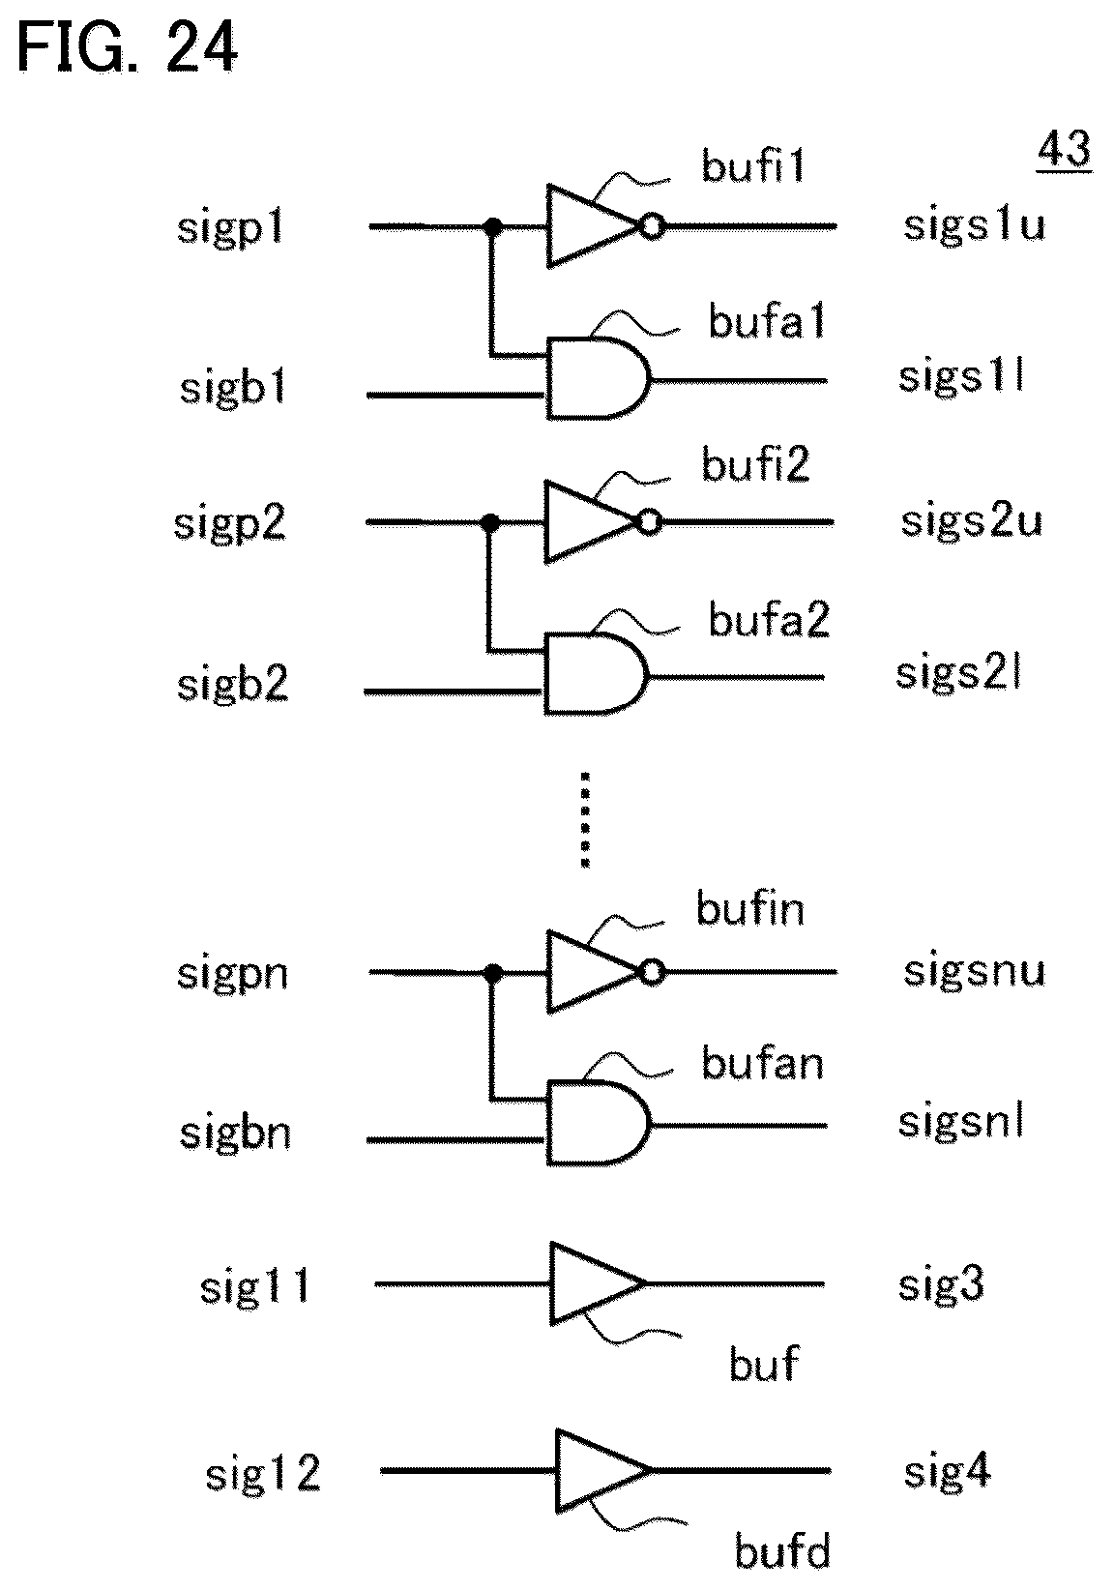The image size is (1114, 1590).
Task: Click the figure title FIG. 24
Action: (x=128, y=47)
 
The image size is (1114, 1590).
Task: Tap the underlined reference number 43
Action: (x=1064, y=150)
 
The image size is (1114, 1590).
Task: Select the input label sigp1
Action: (x=230, y=228)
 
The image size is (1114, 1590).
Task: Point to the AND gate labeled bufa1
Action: (x=598, y=378)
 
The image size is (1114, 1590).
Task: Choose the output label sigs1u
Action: (x=974, y=225)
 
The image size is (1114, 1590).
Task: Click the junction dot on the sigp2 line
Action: (x=489, y=522)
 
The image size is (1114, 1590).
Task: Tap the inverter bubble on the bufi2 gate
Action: (x=650, y=522)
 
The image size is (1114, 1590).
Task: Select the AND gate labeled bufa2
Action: (x=596, y=673)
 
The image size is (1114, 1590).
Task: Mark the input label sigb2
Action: (x=233, y=685)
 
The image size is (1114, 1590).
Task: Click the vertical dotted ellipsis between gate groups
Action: (x=585, y=819)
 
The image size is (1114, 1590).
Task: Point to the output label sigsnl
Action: (x=961, y=1122)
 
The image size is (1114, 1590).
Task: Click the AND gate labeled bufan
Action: (x=598, y=1123)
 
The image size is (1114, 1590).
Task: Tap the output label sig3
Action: (x=941, y=1285)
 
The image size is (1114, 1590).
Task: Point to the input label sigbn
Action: (x=235, y=1133)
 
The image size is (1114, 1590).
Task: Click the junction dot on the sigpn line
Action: (x=492, y=972)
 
